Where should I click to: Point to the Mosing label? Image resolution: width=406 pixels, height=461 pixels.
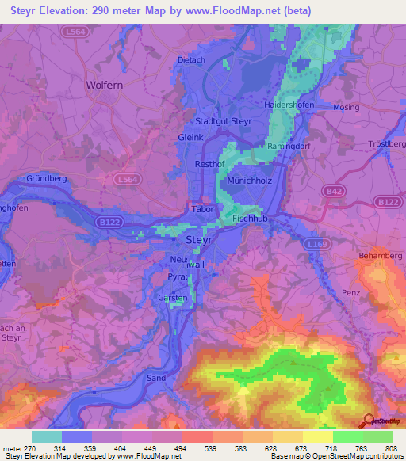point(346,106)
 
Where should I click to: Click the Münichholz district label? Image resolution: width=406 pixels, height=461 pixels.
point(250,181)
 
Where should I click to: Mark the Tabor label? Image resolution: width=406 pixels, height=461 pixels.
point(202,209)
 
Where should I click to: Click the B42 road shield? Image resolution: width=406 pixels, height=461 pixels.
point(332,191)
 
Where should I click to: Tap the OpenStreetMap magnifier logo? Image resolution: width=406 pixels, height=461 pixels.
point(369,420)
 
